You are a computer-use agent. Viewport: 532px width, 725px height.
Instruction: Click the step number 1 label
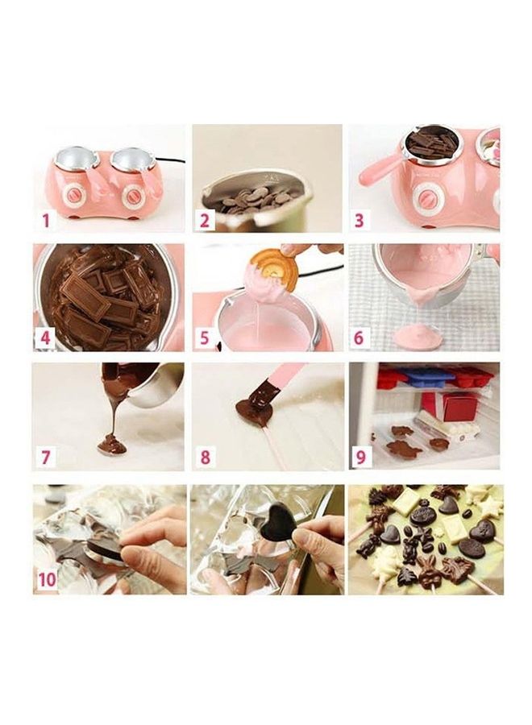click(46, 220)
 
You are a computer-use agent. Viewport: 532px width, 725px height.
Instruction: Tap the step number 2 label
click(205, 220)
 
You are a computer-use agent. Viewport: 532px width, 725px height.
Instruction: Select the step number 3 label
click(359, 220)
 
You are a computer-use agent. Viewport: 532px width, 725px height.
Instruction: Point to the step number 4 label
click(46, 338)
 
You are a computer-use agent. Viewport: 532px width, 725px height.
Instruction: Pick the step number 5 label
click(205, 338)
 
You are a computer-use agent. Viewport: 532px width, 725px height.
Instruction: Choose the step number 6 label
click(359, 338)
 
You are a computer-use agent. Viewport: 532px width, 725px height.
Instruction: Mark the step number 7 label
click(46, 458)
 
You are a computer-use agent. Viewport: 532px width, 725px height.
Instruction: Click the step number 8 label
click(205, 458)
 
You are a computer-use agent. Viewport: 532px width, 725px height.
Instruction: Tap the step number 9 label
click(360, 458)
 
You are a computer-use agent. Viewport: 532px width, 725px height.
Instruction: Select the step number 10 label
click(48, 578)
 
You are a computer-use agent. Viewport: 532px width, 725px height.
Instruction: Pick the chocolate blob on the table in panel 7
click(112, 444)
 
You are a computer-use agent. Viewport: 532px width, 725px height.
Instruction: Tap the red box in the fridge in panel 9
click(459, 405)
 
